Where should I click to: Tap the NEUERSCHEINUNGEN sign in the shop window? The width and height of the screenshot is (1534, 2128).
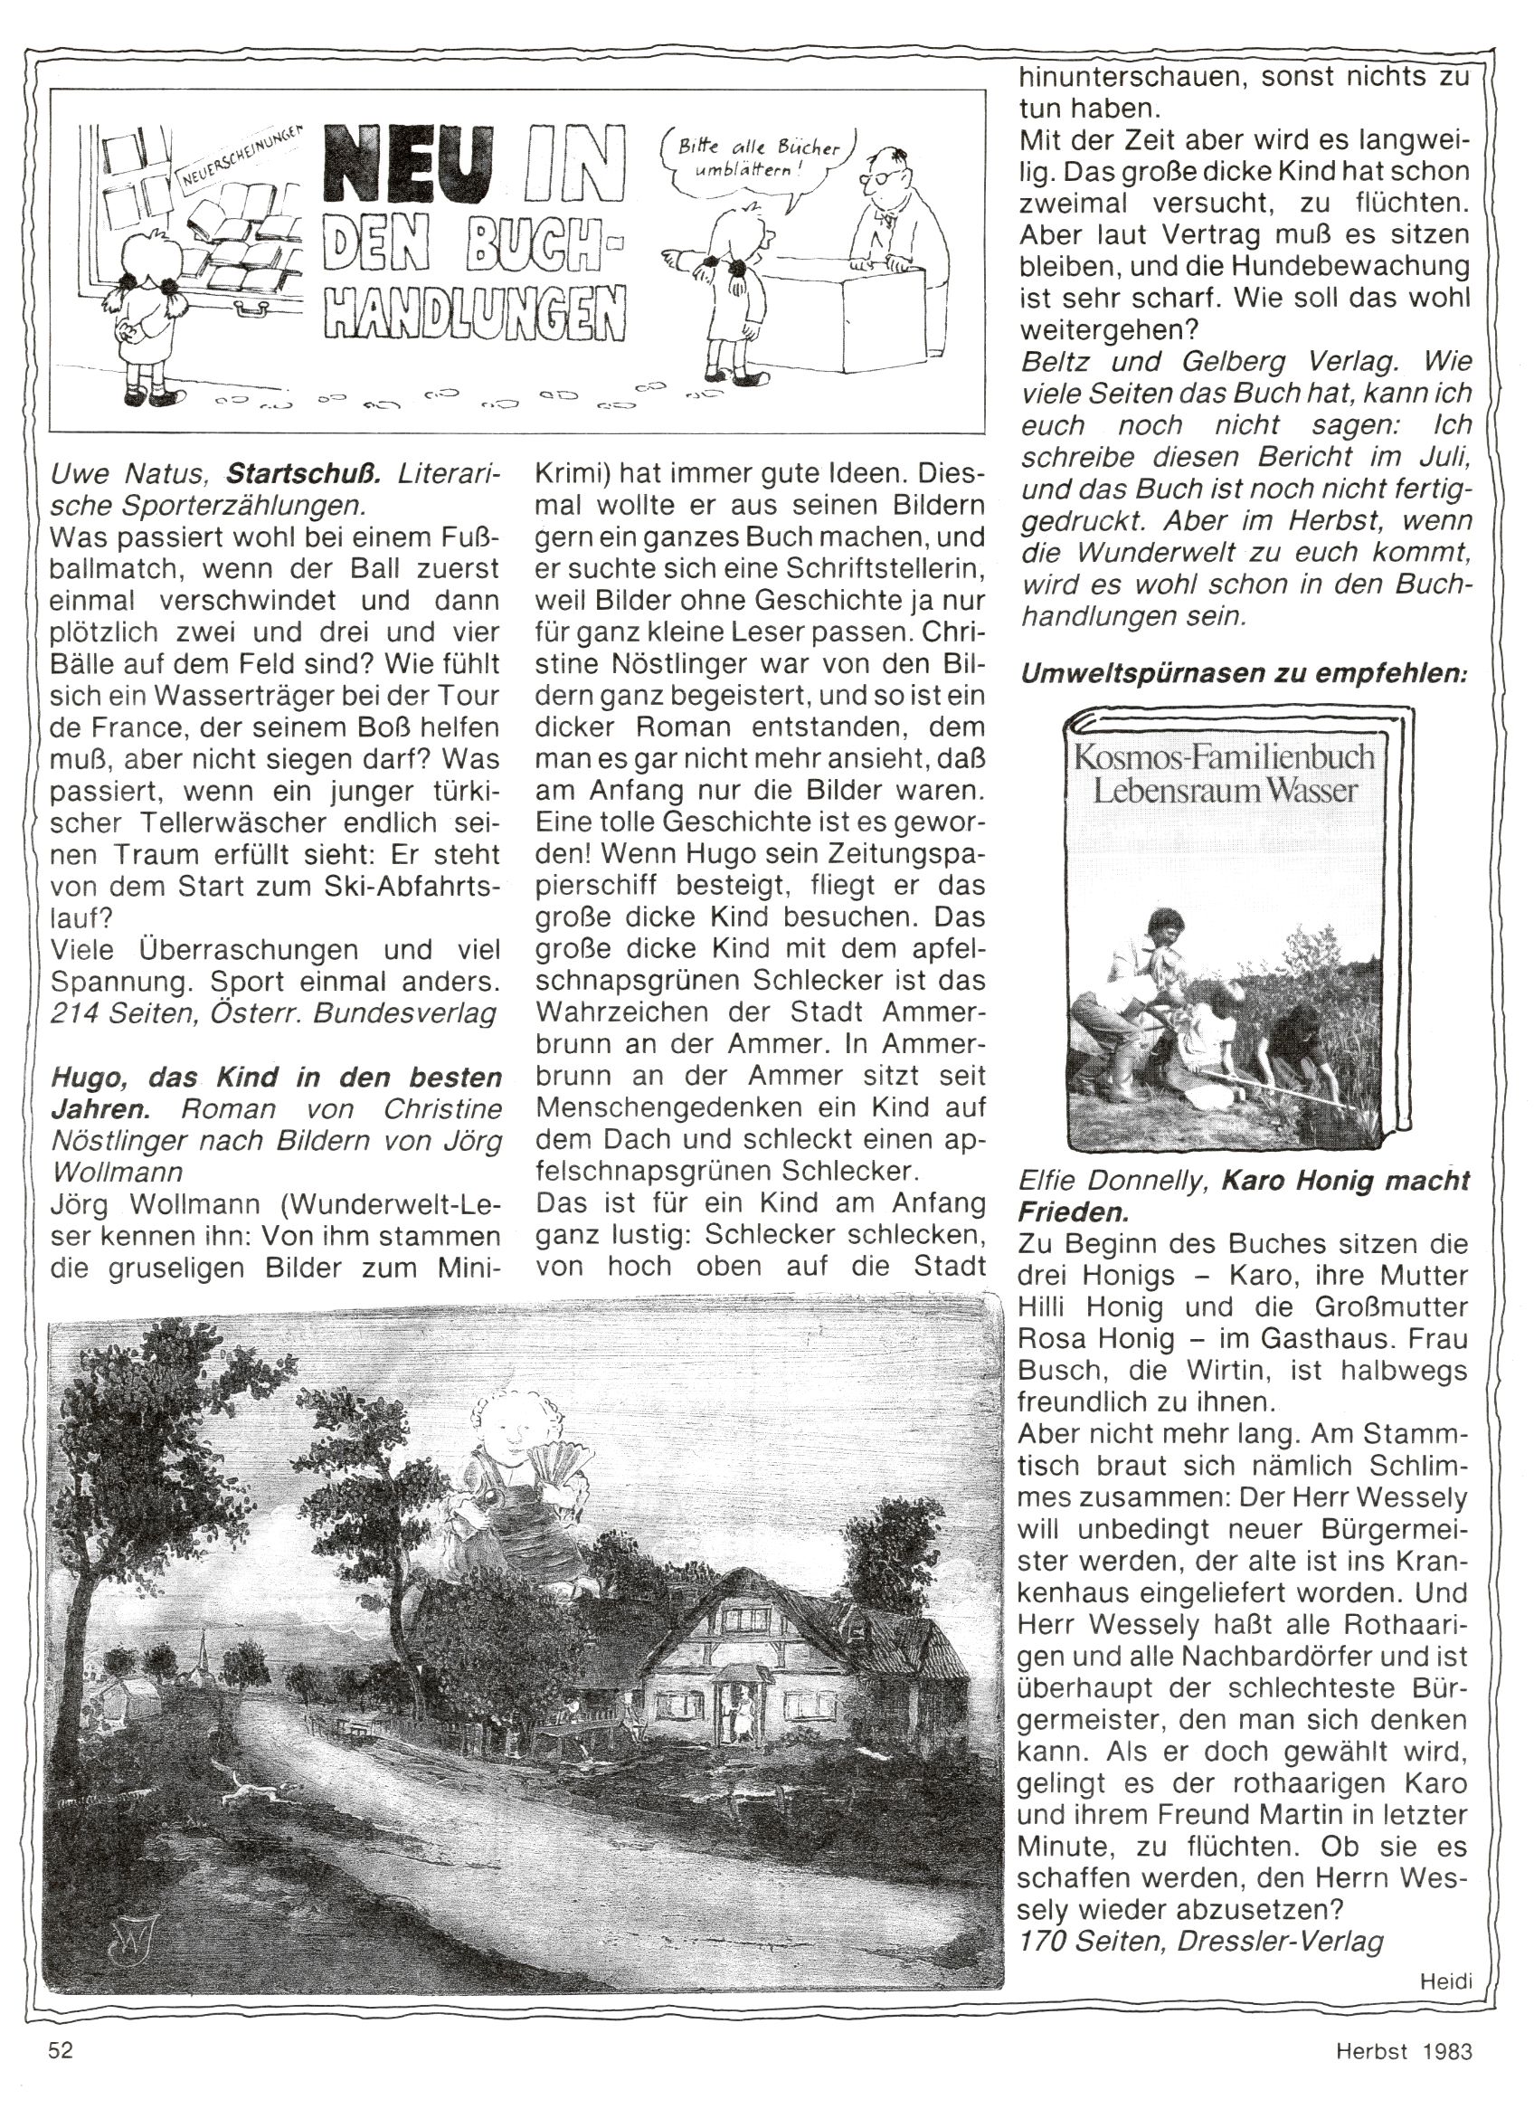coord(238,157)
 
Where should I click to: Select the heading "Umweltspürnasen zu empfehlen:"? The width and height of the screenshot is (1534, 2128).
coord(1242,674)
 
